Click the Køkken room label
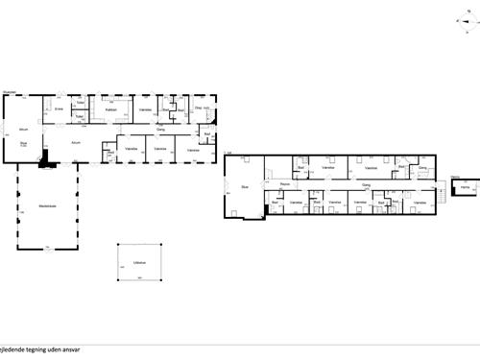[111, 110]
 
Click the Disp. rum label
[203, 108]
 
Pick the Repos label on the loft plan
[285, 183]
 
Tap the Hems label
[465, 189]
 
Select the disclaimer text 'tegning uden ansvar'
[44, 350]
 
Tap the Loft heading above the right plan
[228, 153]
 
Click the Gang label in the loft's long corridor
[366, 183]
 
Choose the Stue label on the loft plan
[245, 186]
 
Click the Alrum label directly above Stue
[23, 128]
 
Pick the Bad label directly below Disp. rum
[207, 133]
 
